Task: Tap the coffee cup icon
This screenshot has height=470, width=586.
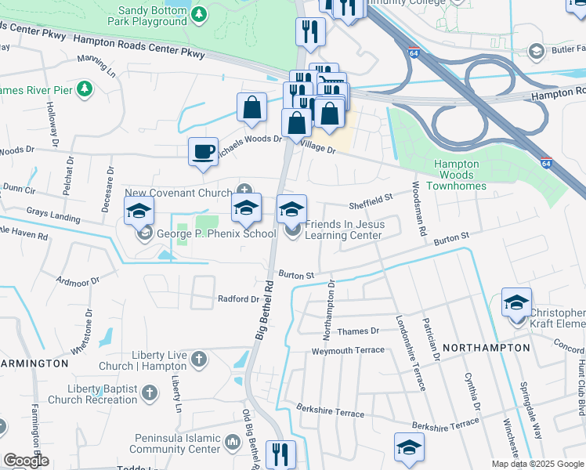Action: click(204, 151)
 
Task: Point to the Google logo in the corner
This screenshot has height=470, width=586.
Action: click(26, 461)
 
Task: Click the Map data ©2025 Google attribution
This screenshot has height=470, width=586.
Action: click(537, 464)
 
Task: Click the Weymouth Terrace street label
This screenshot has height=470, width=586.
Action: click(349, 350)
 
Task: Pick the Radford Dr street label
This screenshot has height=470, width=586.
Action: click(238, 299)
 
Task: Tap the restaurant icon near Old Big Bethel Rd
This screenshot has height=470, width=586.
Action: click(280, 454)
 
